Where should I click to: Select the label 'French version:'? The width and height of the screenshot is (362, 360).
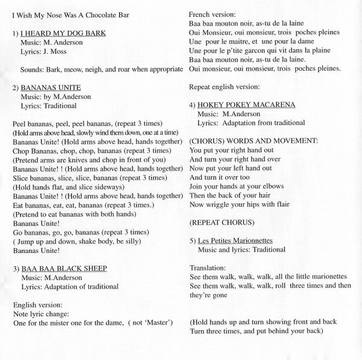[x=213, y=13]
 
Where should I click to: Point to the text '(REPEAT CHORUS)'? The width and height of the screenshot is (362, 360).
[x=216, y=206]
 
